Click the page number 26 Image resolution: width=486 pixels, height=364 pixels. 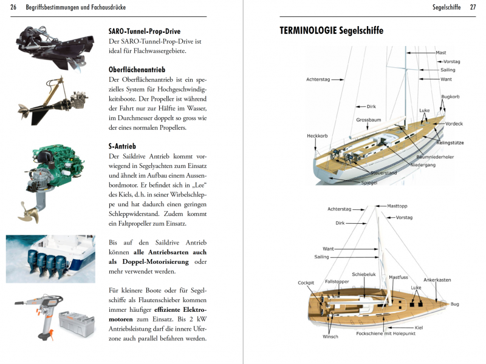13,7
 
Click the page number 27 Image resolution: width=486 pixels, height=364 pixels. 473,7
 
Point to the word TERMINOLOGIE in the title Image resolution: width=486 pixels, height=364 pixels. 308,30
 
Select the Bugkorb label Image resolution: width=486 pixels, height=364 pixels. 450,96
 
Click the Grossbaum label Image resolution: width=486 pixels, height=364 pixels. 368,120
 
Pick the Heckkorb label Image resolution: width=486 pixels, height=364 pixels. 318,135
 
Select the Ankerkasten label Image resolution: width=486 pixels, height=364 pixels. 437,280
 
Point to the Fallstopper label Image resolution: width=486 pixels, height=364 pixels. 337,281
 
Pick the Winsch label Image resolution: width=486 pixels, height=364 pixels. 330,336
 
